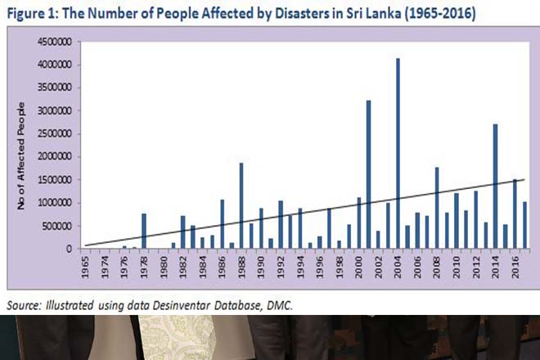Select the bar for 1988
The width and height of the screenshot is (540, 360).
241,205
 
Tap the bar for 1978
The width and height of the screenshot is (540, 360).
143,231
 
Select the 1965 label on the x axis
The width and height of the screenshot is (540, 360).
84,266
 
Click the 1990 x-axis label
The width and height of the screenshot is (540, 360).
260,266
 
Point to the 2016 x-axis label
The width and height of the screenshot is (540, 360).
514,266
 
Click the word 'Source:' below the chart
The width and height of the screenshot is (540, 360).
26,303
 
